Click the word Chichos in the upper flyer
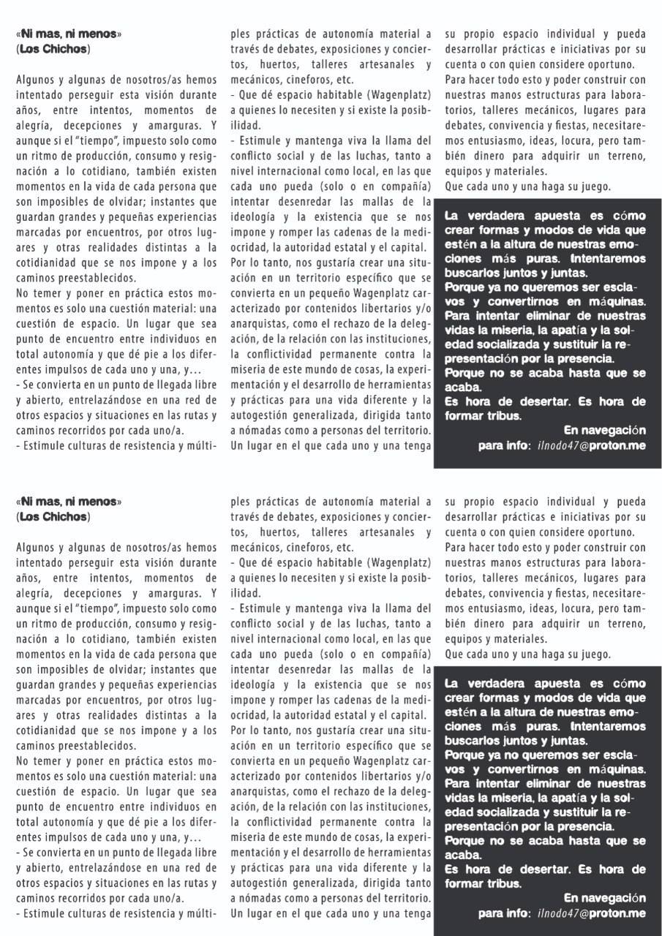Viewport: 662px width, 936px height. pyautogui.click(x=64, y=50)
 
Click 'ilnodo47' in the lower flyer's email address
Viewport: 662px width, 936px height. pyautogui.click(x=557, y=914)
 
